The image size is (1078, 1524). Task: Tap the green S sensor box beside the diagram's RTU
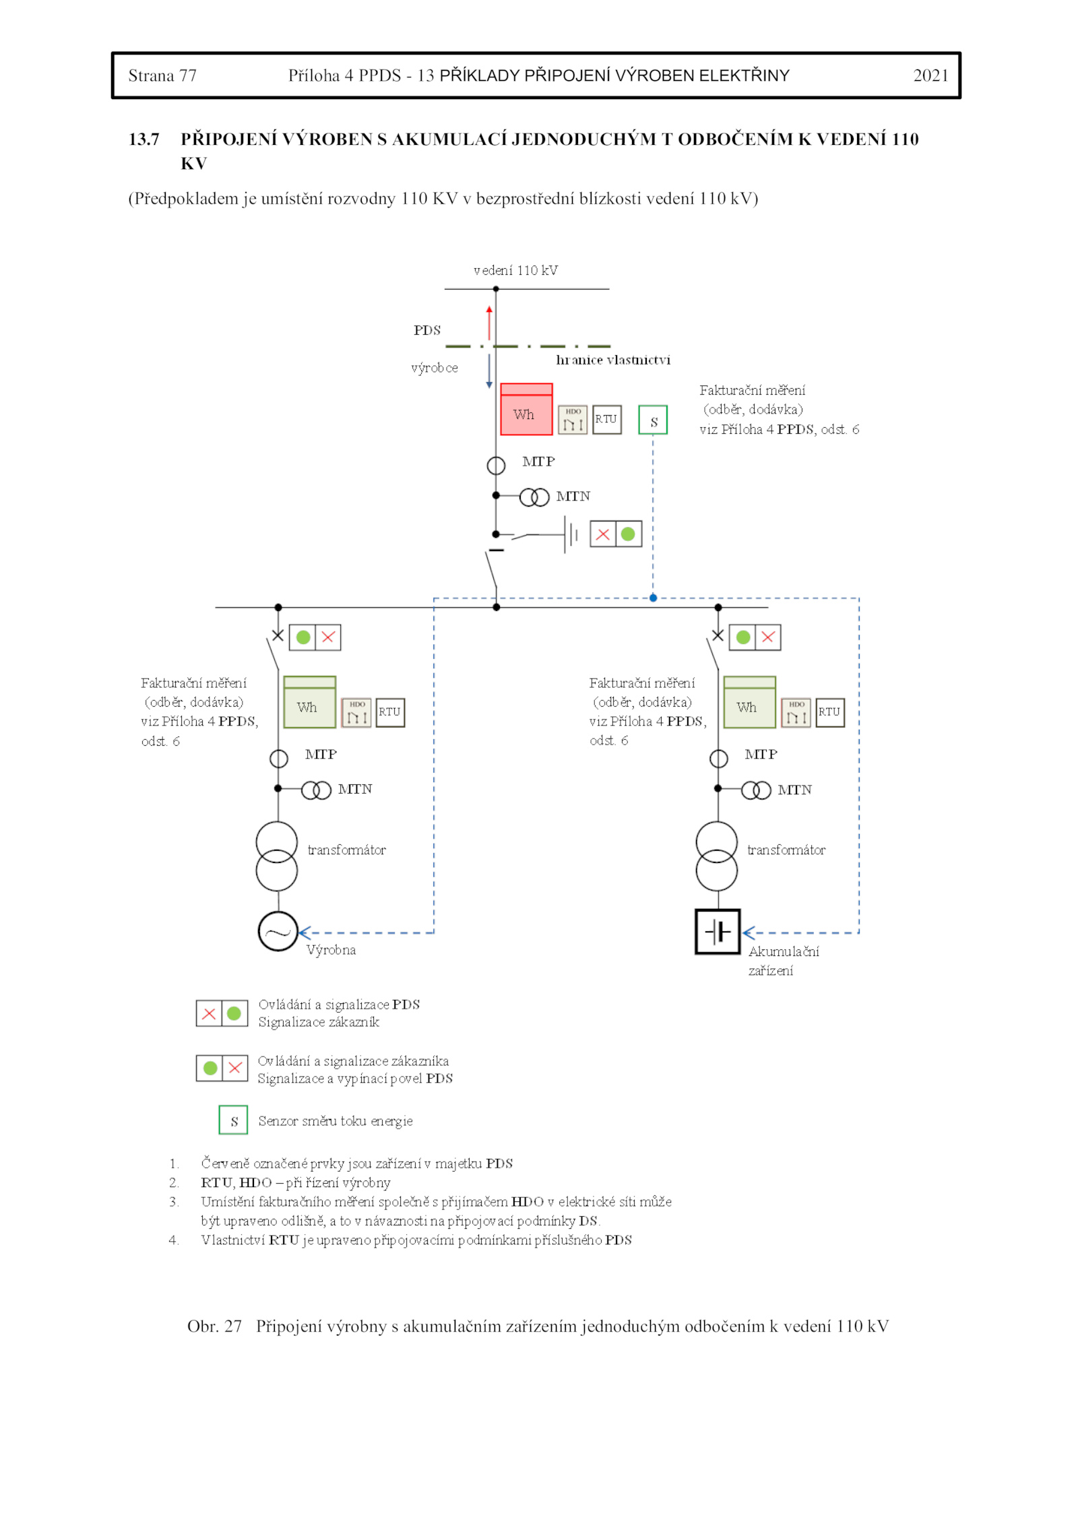pos(652,420)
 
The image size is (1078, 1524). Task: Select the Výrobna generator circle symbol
pos(278,931)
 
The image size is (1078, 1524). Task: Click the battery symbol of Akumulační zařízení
pos(718,931)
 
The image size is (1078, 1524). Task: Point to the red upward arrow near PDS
pos(489,323)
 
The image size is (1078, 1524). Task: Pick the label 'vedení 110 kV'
pos(515,271)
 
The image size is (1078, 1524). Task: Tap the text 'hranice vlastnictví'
pos(612,360)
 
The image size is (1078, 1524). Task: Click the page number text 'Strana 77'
pos(162,75)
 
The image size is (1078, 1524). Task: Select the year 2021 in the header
pos(930,75)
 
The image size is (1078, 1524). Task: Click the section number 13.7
pos(144,139)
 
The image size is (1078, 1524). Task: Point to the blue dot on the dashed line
pos(653,598)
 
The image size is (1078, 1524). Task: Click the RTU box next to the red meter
pos(606,419)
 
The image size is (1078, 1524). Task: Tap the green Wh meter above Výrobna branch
pos(309,702)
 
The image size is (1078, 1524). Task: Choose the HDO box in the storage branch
pos(796,712)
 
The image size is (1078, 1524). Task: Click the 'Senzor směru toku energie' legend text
pos(335,1121)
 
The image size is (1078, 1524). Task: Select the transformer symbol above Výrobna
pos(276,856)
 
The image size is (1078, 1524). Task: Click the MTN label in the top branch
pos(573,497)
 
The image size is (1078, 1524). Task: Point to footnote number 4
pos(174,1240)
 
